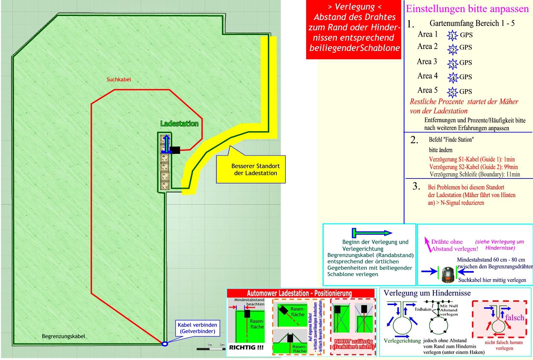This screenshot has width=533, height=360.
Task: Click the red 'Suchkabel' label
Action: (x=119, y=80)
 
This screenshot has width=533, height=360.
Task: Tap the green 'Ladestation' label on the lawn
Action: (x=179, y=124)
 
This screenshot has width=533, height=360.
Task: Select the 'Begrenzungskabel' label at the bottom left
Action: (x=63, y=336)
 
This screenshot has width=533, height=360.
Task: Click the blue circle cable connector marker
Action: (x=165, y=344)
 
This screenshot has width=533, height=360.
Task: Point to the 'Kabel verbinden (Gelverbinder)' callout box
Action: (x=197, y=328)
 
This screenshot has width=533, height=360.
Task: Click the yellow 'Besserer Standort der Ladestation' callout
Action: (x=256, y=170)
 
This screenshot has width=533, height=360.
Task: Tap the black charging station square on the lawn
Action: (x=175, y=150)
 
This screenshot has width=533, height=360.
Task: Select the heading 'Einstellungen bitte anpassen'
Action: (x=467, y=9)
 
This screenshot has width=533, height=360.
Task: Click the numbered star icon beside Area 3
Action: (x=452, y=63)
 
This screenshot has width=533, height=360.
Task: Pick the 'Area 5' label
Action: (x=427, y=90)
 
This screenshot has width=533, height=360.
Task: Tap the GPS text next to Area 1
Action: (x=466, y=35)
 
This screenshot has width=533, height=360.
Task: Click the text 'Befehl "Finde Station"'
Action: (x=451, y=140)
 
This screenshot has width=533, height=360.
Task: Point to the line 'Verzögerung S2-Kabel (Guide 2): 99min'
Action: (x=473, y=167)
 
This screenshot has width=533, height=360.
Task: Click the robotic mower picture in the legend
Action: (x=448, y=274)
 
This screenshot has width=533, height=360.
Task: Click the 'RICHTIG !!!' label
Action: (x=246, y=347)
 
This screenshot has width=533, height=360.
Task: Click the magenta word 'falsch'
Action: (x=515, y=317)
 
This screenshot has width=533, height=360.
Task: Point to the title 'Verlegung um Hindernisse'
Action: (x=427, y=293)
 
